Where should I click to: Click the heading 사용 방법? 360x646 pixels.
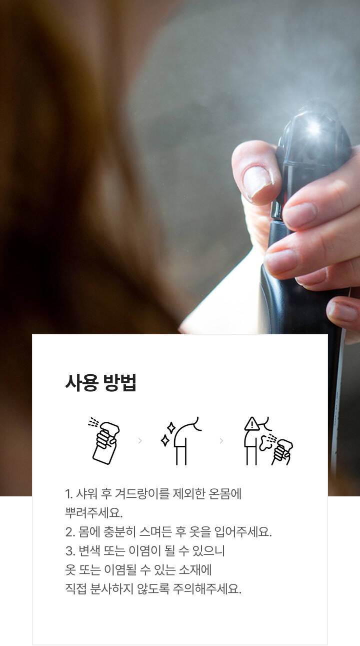coord(100,383)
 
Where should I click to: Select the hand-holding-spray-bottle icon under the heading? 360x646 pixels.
coord(104,441)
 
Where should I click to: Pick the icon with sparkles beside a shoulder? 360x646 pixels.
coord(181,441)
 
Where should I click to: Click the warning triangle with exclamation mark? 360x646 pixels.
coord(252,424)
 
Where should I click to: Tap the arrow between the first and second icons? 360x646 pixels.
coord(140,441)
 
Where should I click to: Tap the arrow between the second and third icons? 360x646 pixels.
coord(221,441)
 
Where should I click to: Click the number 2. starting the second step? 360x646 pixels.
coord(70,532)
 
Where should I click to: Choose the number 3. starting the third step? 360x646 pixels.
coord(70,551)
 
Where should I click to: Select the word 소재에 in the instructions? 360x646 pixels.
coord(195,570)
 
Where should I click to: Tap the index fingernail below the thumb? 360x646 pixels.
coord(300,214)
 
